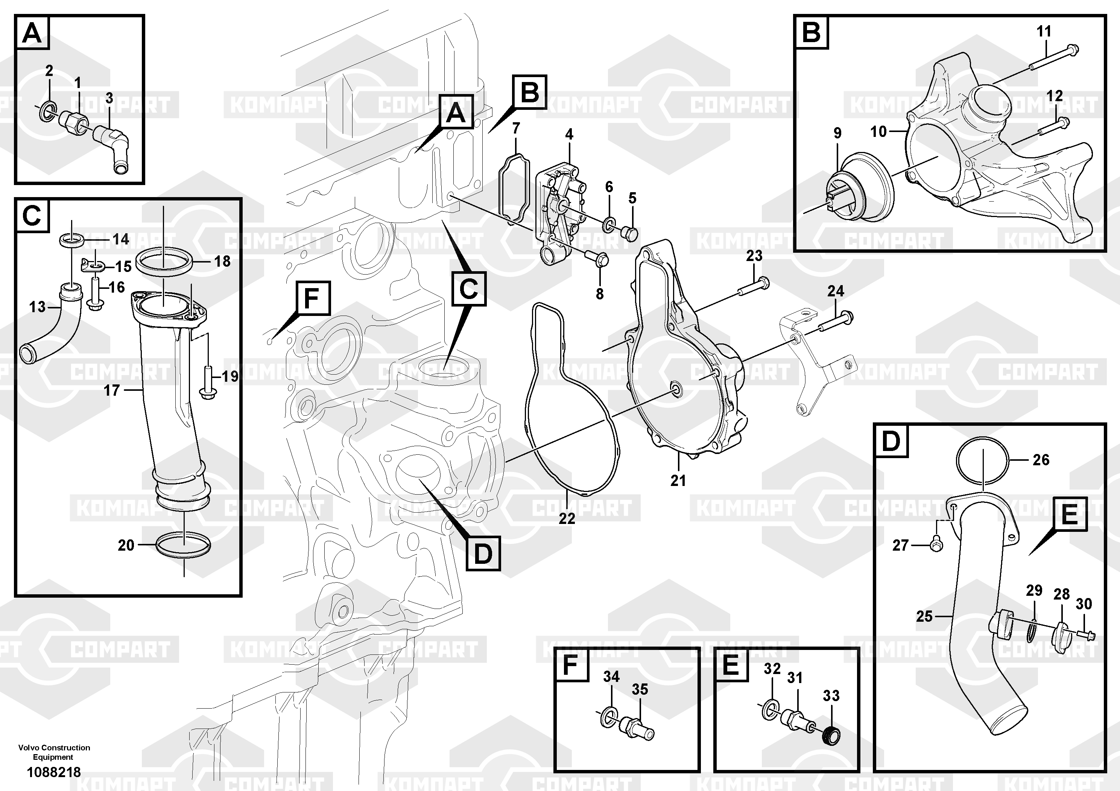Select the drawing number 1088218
54,772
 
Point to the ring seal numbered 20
184,544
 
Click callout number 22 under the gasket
567,518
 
